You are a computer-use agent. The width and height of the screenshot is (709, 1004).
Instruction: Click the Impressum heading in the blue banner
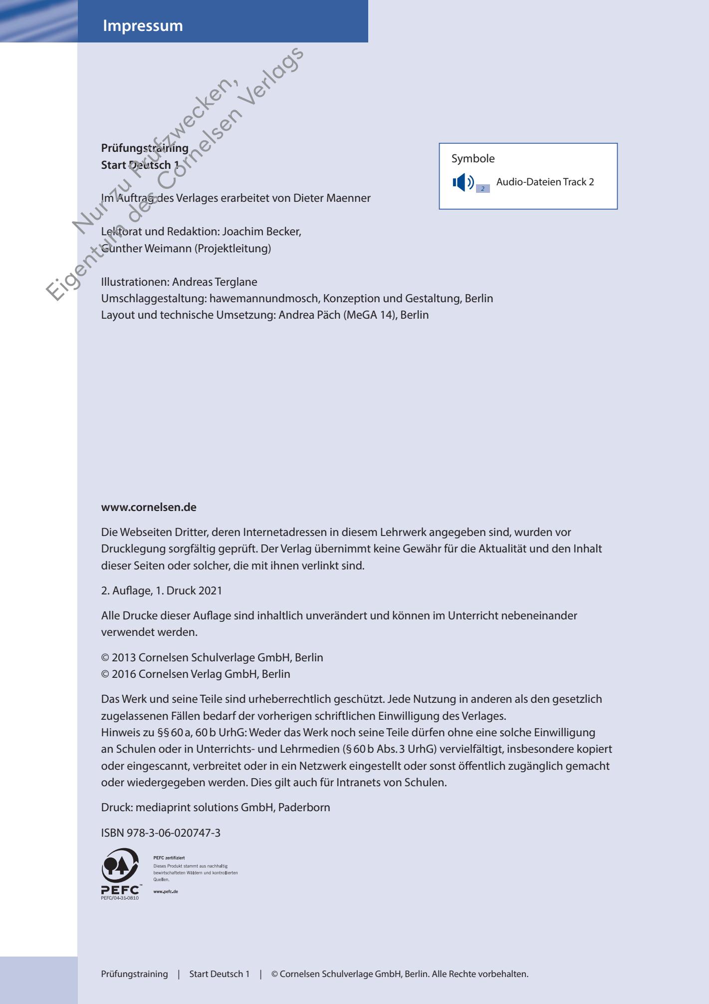(143, 26)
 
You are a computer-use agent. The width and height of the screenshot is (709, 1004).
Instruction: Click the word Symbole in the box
(473, 159)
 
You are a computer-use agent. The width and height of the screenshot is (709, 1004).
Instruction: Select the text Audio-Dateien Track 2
(545, 182)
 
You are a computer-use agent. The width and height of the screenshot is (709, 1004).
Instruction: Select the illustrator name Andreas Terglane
(215, 282)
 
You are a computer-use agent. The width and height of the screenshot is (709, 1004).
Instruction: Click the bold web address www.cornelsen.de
(149, 507)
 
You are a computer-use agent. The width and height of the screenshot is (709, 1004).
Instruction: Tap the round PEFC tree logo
(120, 866)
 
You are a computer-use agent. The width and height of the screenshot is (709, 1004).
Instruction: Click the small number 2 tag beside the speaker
(482, 189)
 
